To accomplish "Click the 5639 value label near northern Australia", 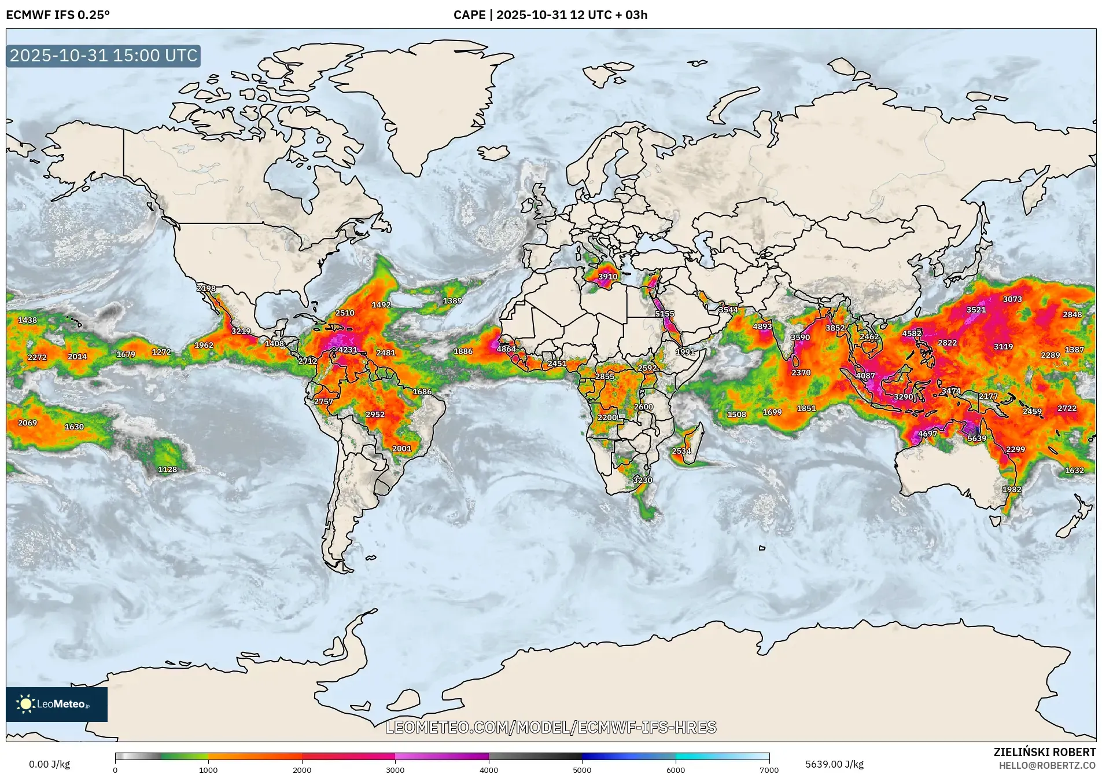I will point(977,438).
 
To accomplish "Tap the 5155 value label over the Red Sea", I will point(665,314).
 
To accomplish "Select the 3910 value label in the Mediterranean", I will point(607,277).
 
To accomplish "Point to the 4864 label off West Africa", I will point(506,349).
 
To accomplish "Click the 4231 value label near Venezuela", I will point(348,350).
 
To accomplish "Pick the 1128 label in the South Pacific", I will point(167,469).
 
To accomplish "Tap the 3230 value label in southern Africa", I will point(642,480).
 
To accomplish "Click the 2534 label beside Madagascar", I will point(681,451).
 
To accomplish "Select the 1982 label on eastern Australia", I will point(1012,489).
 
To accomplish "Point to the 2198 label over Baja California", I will point(206,288).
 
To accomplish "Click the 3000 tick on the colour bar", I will point(395,770).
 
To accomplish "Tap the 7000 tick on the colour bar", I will point(769,770).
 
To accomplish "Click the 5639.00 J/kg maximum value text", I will point(834,764).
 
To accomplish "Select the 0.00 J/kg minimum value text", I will point(49,764).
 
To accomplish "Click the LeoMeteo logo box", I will point(57,704).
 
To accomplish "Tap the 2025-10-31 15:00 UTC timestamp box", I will point(104,56).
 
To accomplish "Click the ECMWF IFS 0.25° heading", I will point(58,15).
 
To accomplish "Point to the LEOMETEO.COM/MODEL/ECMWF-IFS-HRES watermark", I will point(551,727).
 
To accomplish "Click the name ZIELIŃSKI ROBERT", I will point(1044,752).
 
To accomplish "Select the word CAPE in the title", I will point(469,15).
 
